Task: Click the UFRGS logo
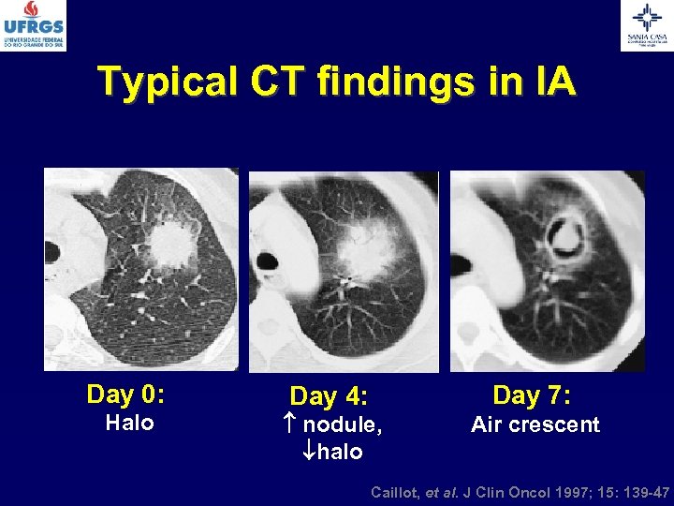(34, 25)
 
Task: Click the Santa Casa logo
(647, 25)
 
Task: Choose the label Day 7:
(532, 395)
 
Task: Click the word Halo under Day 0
(129, 423)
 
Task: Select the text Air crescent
(535, 424)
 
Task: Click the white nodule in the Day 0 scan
(171, 244)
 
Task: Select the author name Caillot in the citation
(397, 491)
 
